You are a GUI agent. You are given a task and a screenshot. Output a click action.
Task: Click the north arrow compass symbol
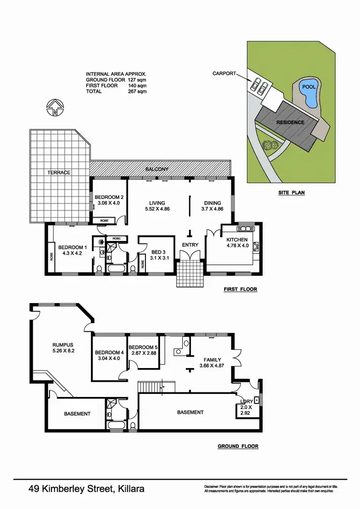point(54,108)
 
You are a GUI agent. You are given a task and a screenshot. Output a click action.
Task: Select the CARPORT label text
point(224,74)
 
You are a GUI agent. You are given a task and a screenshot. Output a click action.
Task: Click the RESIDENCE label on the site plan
point(290,122)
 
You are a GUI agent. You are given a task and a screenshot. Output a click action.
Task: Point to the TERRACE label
point(59,173)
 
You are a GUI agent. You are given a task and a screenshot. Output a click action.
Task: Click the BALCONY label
point(157,169)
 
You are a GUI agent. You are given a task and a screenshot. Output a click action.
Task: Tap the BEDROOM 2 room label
point(109,197)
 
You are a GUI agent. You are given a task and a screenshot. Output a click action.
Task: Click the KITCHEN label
point(236,239)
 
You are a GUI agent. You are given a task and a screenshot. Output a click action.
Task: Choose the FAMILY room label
point(213,360)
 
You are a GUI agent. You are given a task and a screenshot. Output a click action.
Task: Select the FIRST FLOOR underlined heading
point(240,289)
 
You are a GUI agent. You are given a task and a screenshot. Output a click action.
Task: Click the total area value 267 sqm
point(137,91)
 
